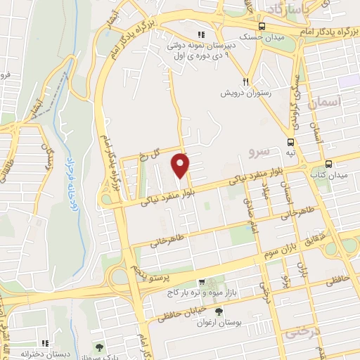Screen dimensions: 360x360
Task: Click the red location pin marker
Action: click(181, 165)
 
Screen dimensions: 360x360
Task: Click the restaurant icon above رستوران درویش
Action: click(246, 81)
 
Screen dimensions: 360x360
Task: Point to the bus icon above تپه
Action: click(290, 141)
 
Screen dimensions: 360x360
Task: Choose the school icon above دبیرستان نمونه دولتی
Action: click(201, 34)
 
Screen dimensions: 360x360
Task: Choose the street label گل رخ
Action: click(149, 154)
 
